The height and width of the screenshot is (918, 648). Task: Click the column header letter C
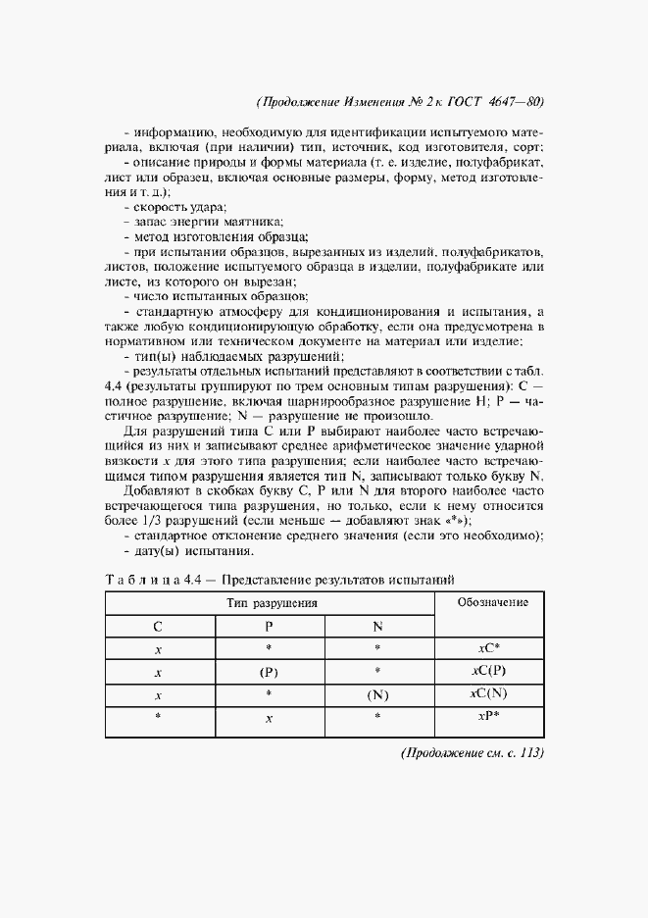160,626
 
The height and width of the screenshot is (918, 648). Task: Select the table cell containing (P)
270,672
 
